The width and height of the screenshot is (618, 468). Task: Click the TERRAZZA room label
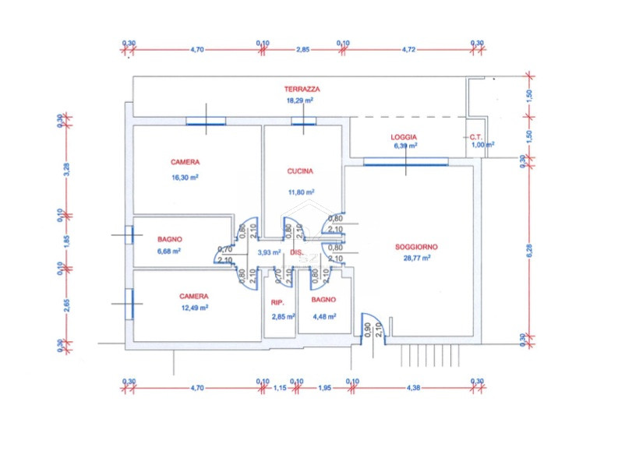(x=302, y=90)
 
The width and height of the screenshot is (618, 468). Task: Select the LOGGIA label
(x=404, y=136)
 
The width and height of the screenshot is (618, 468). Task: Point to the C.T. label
(x=475, y=136)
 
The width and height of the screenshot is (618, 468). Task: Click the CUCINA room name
(x=300, y=171)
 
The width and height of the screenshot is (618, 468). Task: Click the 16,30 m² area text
(x=185, y=177)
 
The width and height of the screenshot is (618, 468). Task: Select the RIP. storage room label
(x=277, y=302)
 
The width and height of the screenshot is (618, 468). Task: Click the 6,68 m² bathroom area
(x=169, y=252)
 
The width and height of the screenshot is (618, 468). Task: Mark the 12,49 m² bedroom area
(x=193, y=307)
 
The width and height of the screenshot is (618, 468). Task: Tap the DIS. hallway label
(x=296, y=253)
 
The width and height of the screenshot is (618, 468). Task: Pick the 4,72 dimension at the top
(x=408, y=49)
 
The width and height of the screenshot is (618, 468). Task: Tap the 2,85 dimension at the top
(x=302, y=49)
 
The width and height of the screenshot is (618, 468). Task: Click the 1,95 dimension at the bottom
(x=323, y=387)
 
